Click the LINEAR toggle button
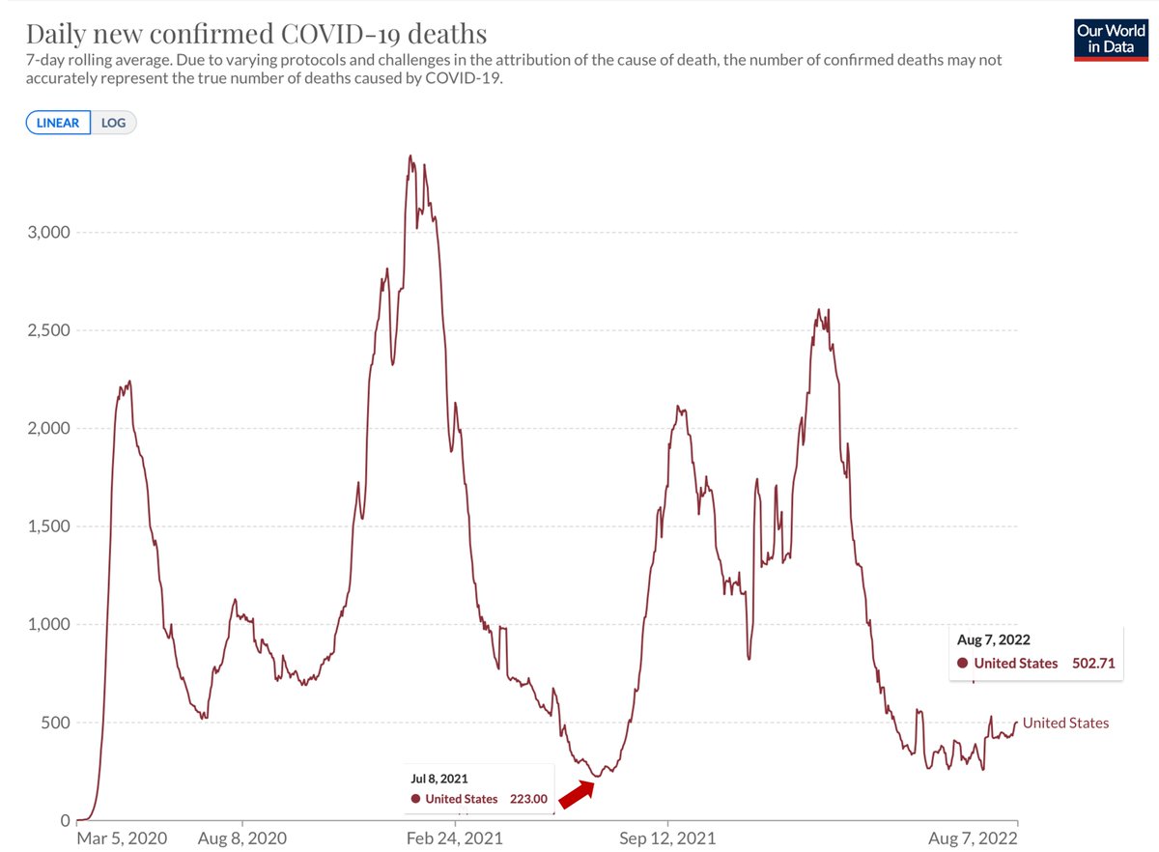(58, 123)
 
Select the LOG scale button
(114, 123)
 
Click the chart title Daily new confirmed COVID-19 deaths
(256, 34)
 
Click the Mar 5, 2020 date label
(122, 838)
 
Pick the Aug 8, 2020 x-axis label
(242, 838)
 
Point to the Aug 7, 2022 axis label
(974, 838)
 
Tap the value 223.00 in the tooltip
(529, 799)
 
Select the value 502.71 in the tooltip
(1088, 663)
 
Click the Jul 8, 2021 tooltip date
(439, 777)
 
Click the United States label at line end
(1065, 723)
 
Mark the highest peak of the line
(410, 156)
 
